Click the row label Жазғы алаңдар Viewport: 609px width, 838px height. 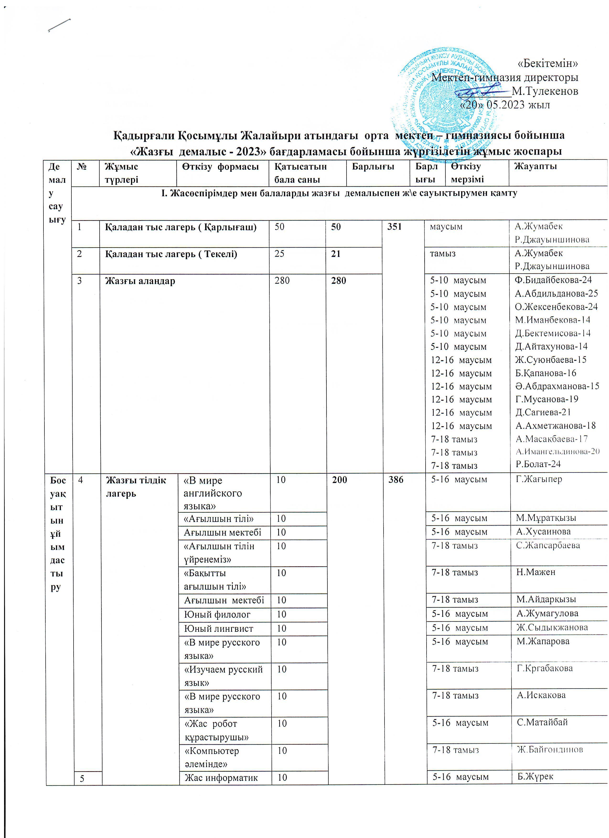[x=140, y=281]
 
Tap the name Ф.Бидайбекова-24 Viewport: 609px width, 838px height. [x=553, y=280]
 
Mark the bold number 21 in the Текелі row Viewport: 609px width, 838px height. [x=336, y=254]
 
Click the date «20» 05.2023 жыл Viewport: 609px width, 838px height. [x=505, y=105]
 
